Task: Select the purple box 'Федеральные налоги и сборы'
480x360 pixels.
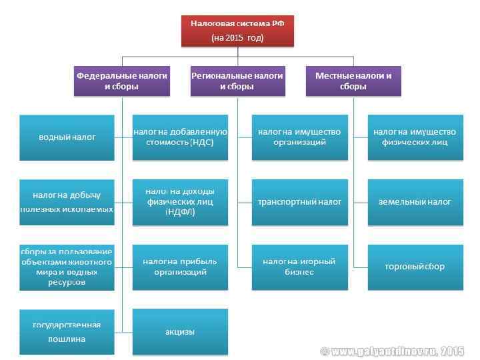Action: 121,81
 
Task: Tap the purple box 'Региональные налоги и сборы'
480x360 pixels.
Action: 237,81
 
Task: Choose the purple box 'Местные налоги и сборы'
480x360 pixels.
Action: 353,81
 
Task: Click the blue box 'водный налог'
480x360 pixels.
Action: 67,137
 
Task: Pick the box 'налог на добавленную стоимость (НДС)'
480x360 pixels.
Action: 180,137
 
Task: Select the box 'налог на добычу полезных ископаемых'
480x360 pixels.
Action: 67,202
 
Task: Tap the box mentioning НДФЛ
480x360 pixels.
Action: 180,202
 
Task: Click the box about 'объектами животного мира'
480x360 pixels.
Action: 67,267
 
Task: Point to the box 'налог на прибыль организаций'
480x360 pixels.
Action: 180,267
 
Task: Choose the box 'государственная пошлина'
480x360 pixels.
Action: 67,331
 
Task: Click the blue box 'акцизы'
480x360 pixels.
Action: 180,331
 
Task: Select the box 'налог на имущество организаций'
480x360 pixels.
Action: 299,137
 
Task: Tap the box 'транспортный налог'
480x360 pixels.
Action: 299,202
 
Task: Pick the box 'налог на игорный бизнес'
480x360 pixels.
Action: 299,267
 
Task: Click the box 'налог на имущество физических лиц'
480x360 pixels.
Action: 415,137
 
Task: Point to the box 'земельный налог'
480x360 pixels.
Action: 415,202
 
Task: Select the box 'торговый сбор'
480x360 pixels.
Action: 415,267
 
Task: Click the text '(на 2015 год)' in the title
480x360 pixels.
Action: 237,37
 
